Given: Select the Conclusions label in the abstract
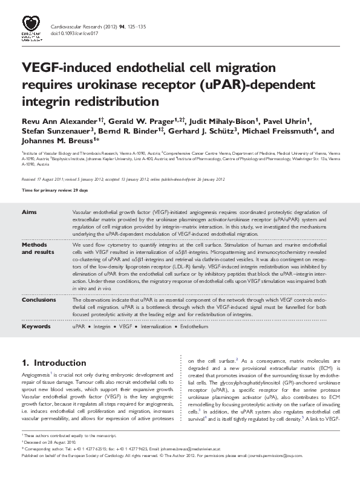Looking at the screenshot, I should coord(39,300).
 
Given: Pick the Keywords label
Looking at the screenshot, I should coord(36,326).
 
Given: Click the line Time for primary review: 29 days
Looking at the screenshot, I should coord(55,190).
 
